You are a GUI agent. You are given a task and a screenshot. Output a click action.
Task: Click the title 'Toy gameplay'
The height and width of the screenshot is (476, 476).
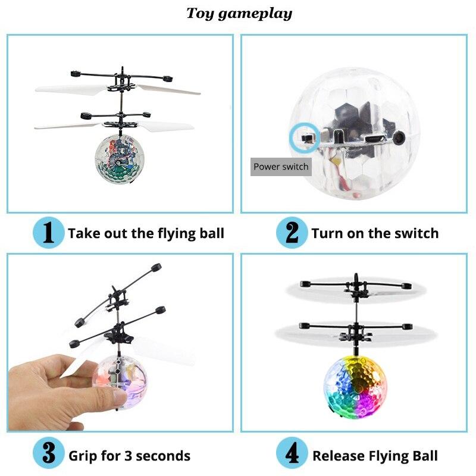coord(239,13)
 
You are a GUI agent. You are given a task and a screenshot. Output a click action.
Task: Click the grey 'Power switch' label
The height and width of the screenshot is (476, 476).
coord(281,167)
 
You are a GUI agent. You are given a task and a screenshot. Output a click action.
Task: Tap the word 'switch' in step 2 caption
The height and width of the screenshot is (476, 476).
coord(416,233)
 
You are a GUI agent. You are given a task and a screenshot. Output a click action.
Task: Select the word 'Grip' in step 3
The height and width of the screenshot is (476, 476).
coord(82,456)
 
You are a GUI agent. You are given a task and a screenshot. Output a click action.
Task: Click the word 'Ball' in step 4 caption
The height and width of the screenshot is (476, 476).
coord(423,456)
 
